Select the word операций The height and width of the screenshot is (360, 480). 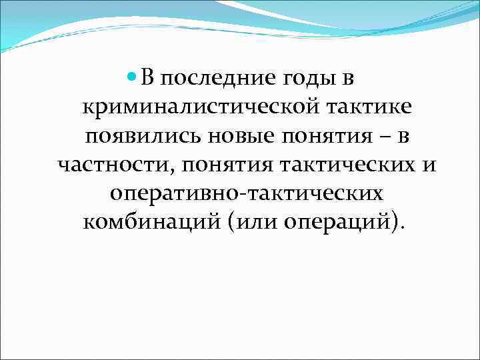[343, 222]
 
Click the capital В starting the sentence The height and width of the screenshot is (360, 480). [147, 79]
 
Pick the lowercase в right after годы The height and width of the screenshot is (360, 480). [348, 79]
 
